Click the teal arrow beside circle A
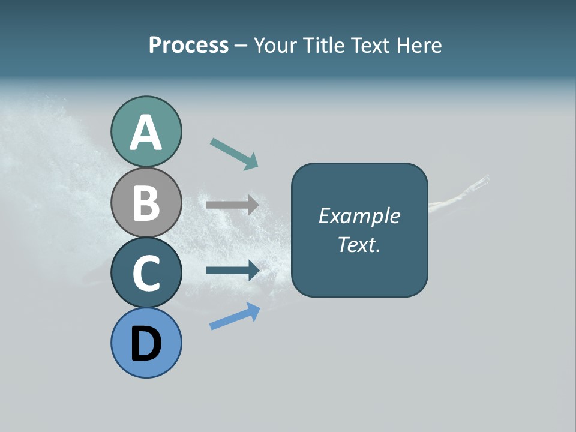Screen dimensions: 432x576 point(234,153)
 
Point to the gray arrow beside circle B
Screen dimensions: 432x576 point(232,205)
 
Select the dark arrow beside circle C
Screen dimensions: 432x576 point(233,270)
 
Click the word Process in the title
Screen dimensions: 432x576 point(188,45)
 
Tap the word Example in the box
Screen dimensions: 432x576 point(359,216)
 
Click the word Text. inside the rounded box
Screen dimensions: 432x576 point(359,244)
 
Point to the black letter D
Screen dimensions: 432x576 point(146,344)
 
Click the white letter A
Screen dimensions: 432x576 point(146,133)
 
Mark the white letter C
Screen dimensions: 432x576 point(146,273)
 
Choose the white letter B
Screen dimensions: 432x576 point(146,203)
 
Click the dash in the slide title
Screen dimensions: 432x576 point(241,46)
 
